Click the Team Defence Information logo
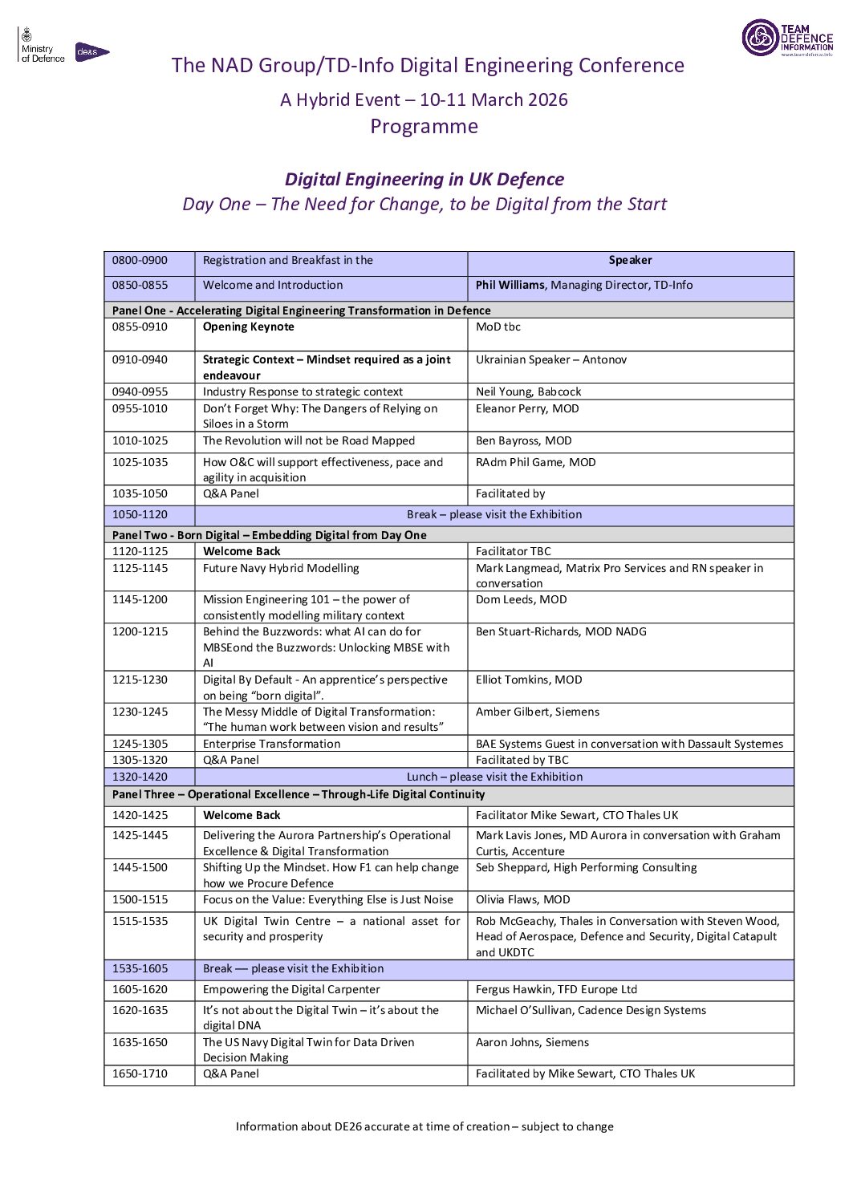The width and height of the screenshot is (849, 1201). click(786, 38)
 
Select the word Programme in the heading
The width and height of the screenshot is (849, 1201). click(424, 127)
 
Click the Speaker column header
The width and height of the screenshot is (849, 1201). click(630, 260)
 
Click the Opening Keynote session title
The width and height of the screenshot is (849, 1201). click(249, 327)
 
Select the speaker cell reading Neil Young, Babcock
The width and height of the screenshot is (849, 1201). click(528, 392)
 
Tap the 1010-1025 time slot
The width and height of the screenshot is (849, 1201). click(140, 440)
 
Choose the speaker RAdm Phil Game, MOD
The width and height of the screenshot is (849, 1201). click(535, 462)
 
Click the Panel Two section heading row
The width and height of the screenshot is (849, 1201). click(270, 535)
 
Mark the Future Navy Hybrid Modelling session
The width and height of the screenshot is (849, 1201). click(281, 568)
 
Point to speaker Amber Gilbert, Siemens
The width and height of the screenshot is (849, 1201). click(537, 712)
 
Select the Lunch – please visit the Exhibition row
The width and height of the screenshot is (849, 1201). click(494, 777)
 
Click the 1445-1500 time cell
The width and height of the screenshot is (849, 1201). click(140, 867)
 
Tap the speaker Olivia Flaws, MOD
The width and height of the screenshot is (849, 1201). click(522, 899)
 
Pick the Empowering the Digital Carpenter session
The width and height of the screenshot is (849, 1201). click(291, 989)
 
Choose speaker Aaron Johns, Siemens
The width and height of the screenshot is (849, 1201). click(532, 1042)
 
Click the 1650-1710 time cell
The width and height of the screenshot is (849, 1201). click(140, 1073)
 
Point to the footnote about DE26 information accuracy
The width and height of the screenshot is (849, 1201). click(424, 1126)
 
